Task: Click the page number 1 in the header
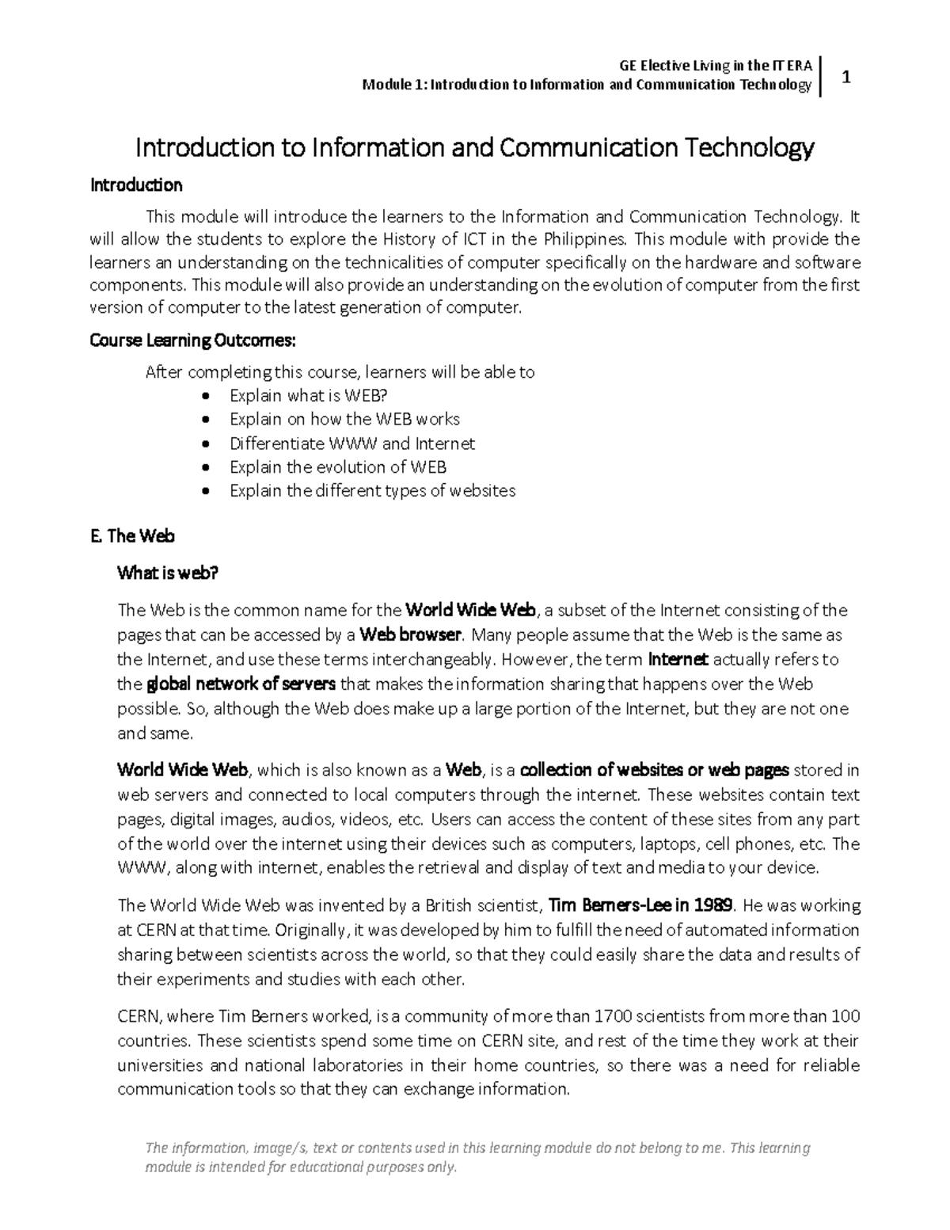click(846, 78)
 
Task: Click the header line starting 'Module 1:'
click(586, 85)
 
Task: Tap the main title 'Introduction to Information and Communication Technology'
click(475, 147)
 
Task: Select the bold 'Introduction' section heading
click(136, 185)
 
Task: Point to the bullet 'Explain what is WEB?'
click(308, 395)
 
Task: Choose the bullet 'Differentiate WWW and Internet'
click(352, 444)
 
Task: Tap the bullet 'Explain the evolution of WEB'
click(338, 467)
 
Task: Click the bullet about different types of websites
click(372, 491)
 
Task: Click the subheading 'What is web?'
click(167, 573)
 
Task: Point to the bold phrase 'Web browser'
click(410, 635)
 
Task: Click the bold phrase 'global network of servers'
click(241, 684)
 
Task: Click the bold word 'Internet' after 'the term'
click(678, 660)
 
